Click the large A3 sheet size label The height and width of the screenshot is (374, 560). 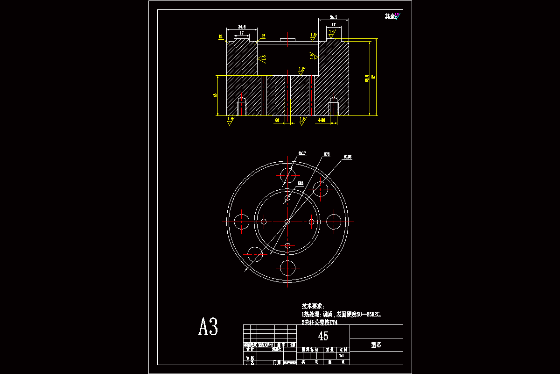208,327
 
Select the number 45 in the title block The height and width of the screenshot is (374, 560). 323,336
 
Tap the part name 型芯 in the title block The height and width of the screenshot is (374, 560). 376,345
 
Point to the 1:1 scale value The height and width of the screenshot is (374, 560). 342,356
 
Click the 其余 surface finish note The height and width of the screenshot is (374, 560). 390,16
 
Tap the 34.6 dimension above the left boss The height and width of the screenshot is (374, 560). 242,27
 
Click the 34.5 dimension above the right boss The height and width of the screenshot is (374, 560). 334,17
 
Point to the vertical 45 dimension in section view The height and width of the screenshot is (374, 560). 215,95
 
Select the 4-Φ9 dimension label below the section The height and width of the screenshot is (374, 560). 322,121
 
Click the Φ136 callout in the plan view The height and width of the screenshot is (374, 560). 348,157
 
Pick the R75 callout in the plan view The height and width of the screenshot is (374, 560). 327,153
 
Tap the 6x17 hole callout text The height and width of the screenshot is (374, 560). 302,153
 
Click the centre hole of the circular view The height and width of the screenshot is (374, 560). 287,222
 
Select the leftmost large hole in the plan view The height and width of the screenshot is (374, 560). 241,222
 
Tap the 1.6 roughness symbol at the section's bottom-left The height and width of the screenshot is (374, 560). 230,120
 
